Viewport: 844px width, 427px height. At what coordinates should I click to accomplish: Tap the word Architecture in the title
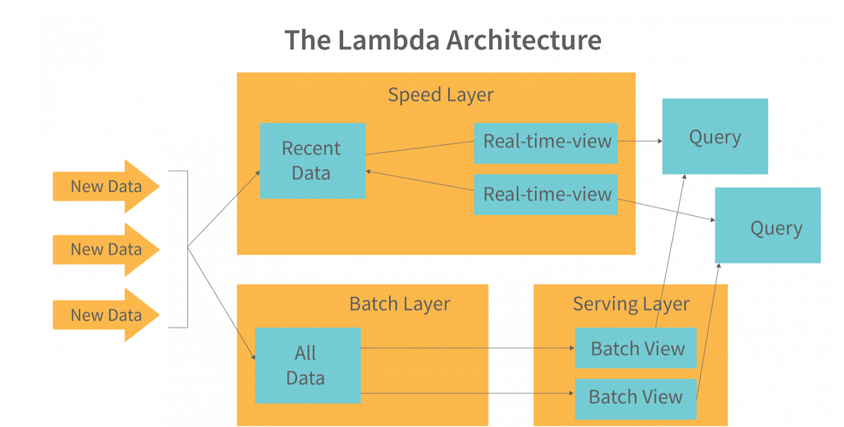click(x=523, y=40)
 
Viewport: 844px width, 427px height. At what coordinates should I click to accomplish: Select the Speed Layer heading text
click(x=441, y=94)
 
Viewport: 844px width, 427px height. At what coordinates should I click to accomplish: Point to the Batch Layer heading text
click(x=400, y=304)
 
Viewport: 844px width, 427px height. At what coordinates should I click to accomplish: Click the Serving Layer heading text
click(x=631, y=304)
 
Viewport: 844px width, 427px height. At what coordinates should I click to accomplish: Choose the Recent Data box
click(x=312, y=160)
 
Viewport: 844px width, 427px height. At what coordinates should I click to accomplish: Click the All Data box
click(x=307, y=365)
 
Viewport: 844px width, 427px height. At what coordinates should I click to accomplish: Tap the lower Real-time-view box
click(x=546, y=195)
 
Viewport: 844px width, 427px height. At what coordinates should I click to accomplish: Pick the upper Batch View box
click(x=636, y=349)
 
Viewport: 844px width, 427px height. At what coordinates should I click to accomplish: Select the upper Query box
click(x=715, y=136)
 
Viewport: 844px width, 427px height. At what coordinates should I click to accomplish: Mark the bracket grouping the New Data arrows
click(x=186, y=249)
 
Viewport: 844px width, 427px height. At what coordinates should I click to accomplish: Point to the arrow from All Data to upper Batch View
click(x=466, y=348)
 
